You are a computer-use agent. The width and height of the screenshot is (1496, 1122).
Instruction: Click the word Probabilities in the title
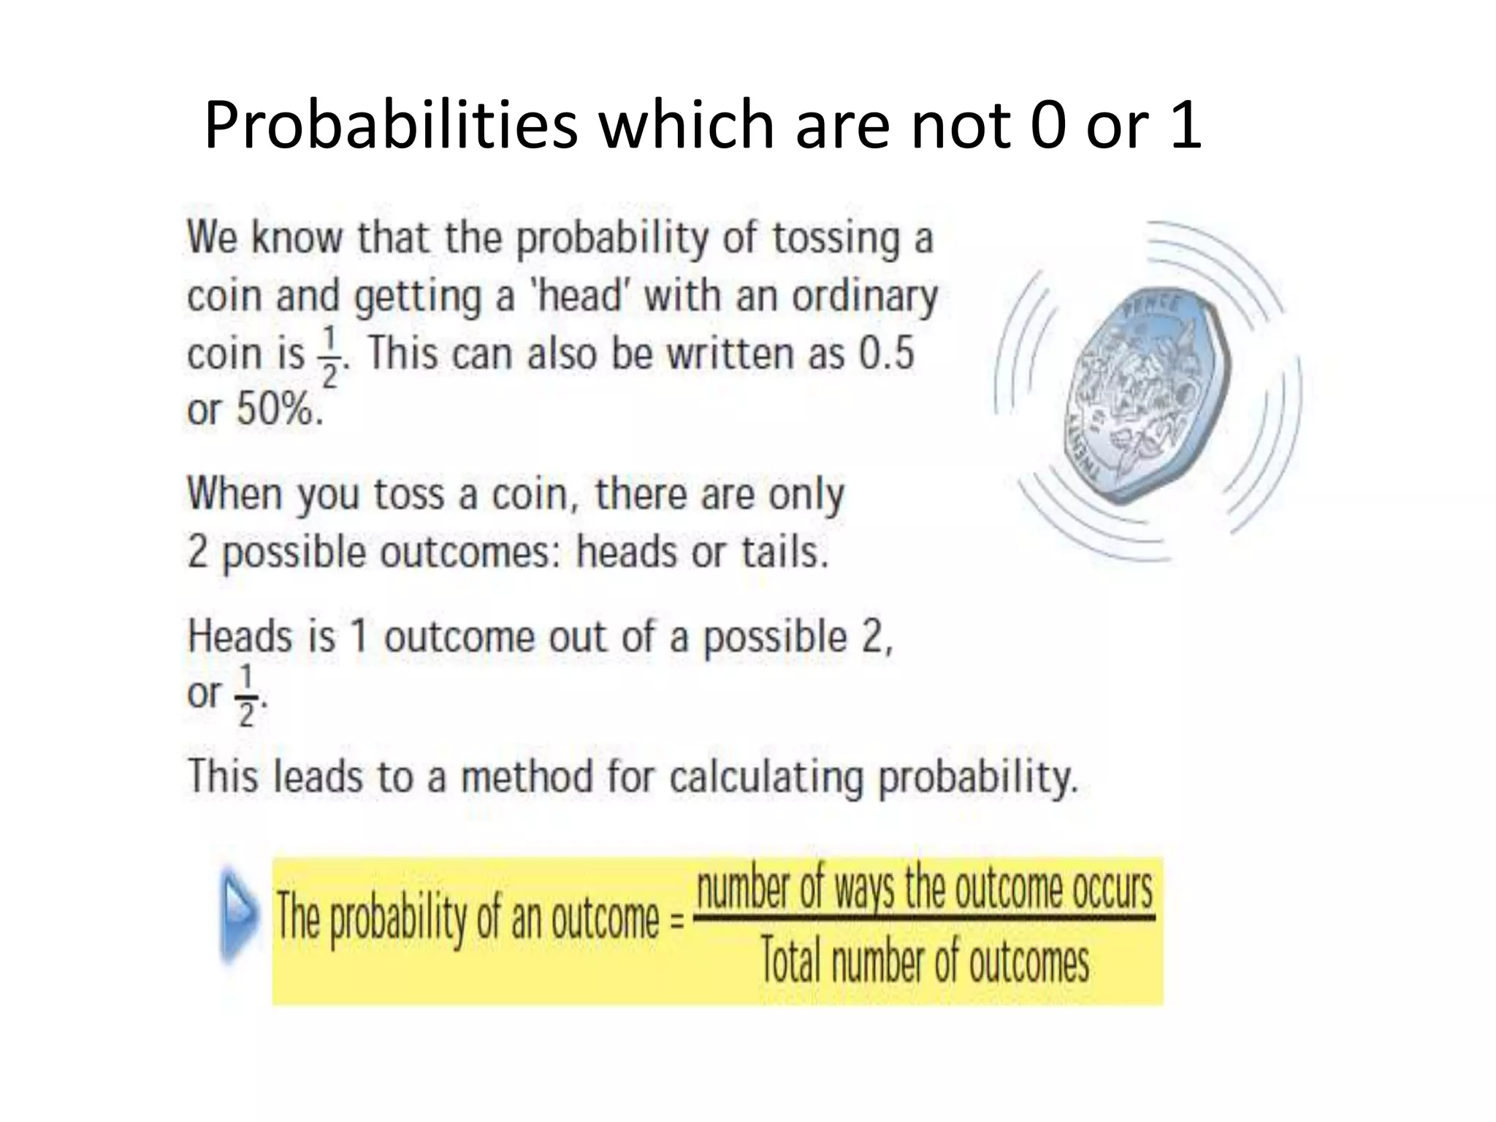[x=391, y=126]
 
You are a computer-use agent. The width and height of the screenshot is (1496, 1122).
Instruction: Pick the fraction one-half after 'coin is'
[x=329, y=357]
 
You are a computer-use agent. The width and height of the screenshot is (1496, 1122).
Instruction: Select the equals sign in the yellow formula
[x=677, y=920]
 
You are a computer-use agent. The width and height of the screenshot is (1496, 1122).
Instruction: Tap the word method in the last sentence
[x=527, y=776]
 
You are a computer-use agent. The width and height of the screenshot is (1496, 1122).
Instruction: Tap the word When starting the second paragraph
[x=235, y=495]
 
